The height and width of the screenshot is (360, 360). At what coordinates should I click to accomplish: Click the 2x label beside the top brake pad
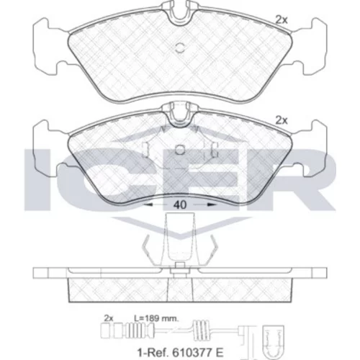coord(282,20)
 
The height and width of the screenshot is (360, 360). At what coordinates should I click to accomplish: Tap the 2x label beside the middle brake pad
coord(282,121)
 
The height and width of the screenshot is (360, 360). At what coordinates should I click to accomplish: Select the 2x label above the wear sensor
coord(109,318)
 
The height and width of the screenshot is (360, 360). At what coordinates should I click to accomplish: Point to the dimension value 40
coord(180,204)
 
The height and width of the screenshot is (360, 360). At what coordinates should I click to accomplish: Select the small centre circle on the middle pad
coord(180,150)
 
